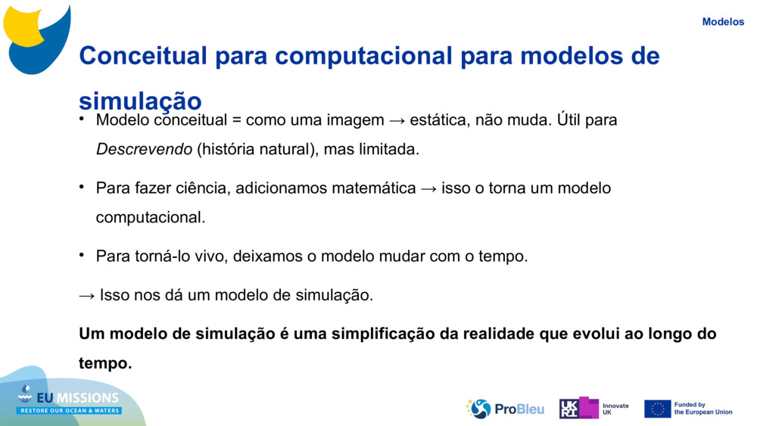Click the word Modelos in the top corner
click(723, 22)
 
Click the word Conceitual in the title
click(143, 55)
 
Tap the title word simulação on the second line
click(140, 101)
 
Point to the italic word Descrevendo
click(144, 149)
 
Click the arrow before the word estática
click(397, 120)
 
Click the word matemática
click(374, 188)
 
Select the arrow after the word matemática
click(428, 188)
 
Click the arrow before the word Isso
click(87, 296)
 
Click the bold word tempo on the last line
click(105, 362)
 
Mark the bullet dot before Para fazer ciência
click(82, 186)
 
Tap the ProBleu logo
click(505, 409)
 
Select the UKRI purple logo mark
click(579, 408)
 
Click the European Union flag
click(658, 409)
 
